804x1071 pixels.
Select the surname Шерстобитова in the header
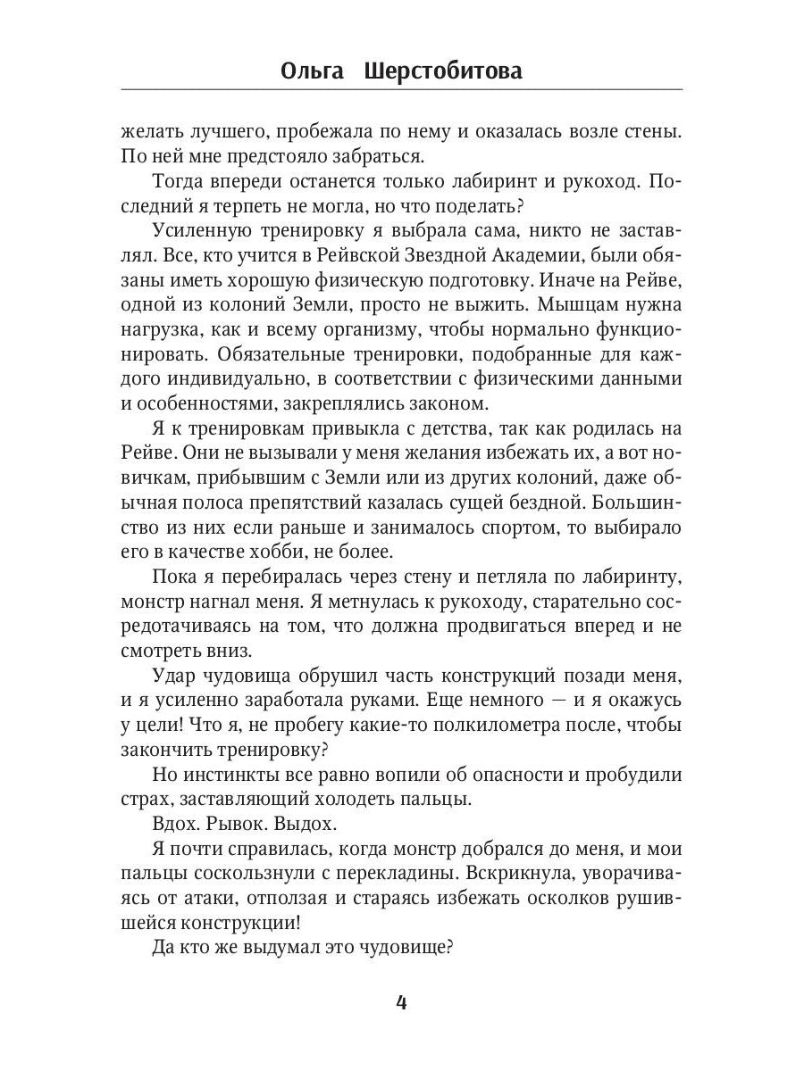443,71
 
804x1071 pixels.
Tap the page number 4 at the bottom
401,1001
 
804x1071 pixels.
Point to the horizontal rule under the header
401,89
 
